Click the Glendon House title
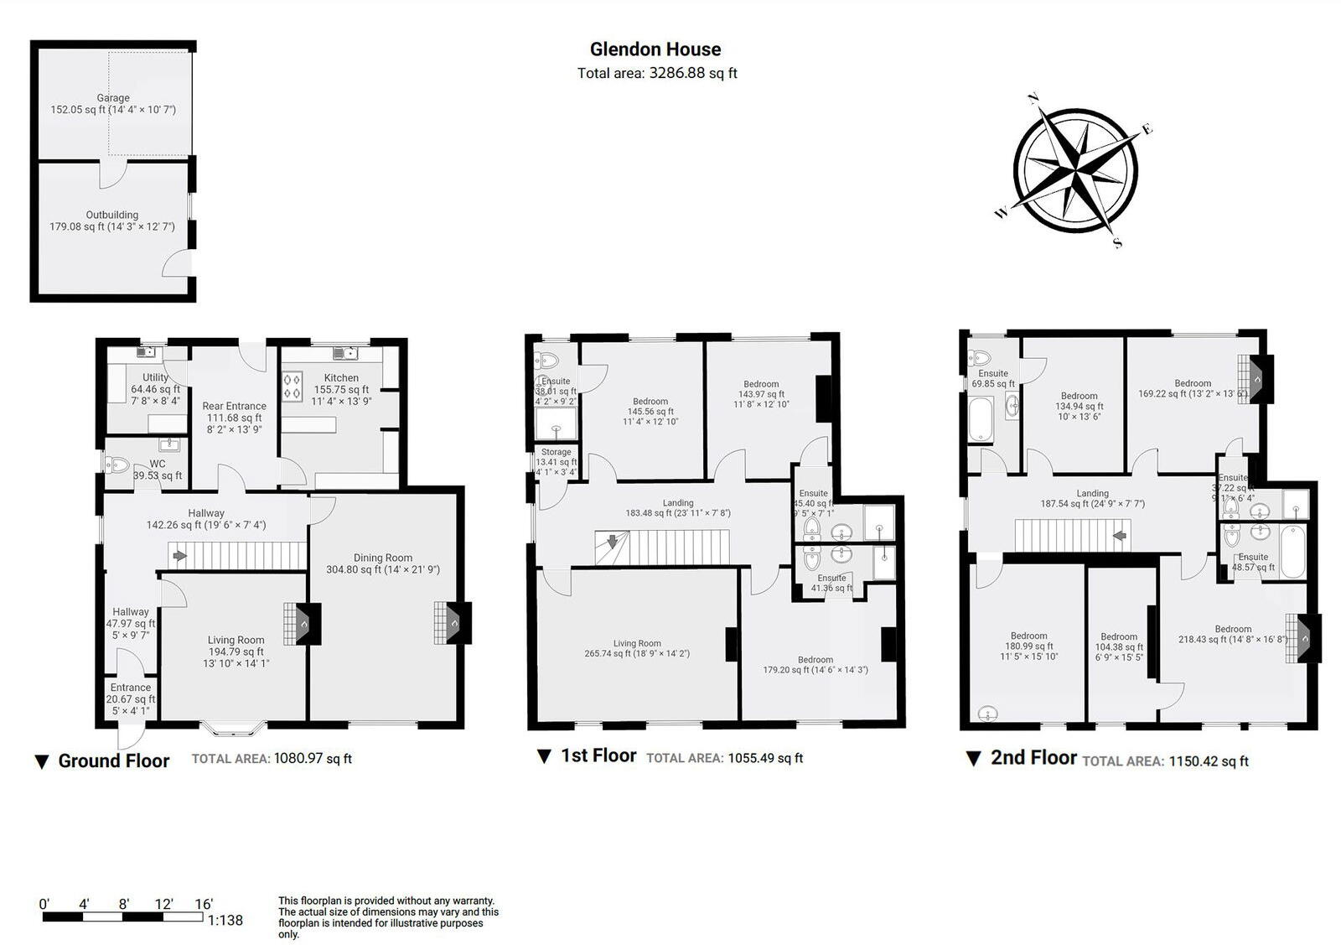click(x=655, y=49)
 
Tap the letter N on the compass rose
click(x=1034, y=99)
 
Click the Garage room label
click(x=113, y=98)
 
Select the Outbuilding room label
click(x=112, y=215)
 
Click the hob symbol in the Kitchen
click(x=293, y=387)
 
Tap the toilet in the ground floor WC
click(x=116, y=464)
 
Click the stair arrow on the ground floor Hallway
click(x=179, y=555)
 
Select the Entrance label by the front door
click(x=131, y=688)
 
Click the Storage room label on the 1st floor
click(x=556, y=452)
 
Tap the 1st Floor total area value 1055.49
click(x=765, y=758)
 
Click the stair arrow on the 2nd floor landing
click(x=1119, y=535)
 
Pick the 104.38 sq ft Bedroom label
click(x=1119, y=636)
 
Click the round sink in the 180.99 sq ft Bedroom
click(x=988, y=714)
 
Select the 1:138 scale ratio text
click(x=225, y=921)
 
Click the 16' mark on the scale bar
click(x=204, y=904)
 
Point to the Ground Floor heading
click(x=113, y=761)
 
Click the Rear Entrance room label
click(x=234, y=406)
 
